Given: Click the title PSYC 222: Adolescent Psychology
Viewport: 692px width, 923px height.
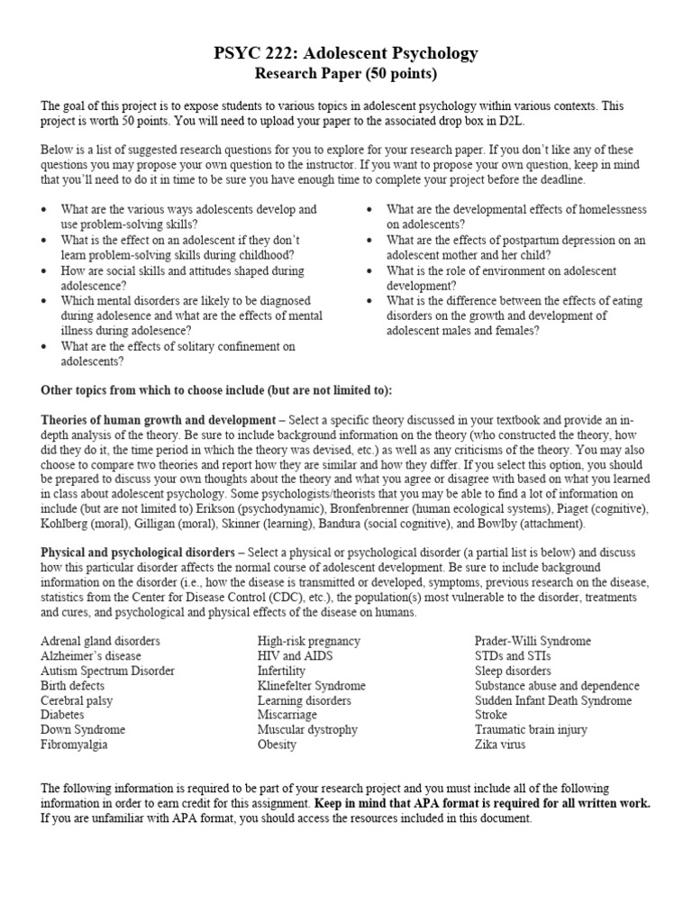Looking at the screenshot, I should (346, 54).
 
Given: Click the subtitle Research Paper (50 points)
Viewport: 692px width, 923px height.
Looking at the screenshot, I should (346, 73).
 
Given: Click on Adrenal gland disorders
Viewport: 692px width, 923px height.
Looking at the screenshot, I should (100, 641).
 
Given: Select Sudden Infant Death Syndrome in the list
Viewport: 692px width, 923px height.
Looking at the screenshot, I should (553, 700).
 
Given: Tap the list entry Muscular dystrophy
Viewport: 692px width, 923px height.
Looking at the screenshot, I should (307, 729).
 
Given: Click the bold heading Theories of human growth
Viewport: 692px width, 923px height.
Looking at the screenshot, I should (158, 420).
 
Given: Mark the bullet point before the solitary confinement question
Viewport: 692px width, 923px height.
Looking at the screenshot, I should (45, 346).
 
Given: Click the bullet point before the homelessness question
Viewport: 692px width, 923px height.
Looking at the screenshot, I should (370, 209).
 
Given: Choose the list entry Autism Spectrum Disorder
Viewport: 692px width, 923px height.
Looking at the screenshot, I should (108, 671).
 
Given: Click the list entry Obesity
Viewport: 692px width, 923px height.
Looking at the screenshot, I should (277, 745).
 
